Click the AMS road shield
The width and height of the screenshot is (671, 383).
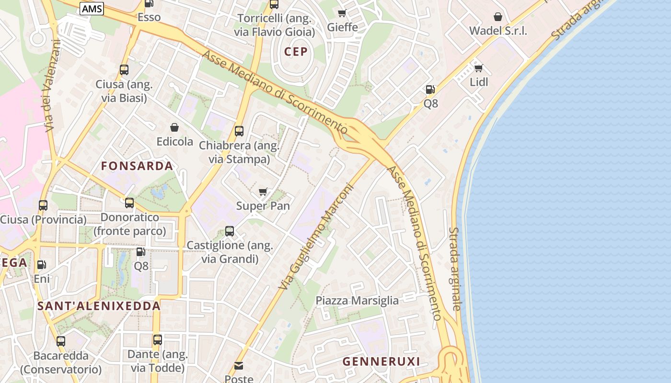click(92, 9)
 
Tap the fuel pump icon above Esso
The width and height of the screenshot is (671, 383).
click(149, 4)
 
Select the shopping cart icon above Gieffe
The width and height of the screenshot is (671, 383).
click(342, 13)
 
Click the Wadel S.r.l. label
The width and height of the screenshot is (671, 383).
click(498, 31)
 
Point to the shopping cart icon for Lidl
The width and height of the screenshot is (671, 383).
click(478, 68)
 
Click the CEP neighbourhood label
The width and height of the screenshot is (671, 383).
click(296, 52)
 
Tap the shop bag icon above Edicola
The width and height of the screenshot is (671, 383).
click(174, 127)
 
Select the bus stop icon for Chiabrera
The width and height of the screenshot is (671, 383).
click(239, 131)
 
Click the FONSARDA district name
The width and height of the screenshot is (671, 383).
click(137, 166)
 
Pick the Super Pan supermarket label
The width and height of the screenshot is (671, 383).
click(263, 206)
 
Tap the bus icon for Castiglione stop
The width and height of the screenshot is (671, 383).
click(230, 231)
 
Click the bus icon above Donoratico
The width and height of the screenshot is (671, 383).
click(129, 203)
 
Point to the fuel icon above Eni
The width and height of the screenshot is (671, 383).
click(42, 264)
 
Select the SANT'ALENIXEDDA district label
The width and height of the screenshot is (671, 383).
click(99, 306)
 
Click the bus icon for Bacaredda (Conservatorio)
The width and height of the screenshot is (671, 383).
click(61, 341)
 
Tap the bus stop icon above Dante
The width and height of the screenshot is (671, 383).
click(158, 340)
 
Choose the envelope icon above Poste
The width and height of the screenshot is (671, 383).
click(239, 366)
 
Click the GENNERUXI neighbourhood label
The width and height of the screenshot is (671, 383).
click(381, 361)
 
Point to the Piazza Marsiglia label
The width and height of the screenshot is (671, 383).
click(357, 301)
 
